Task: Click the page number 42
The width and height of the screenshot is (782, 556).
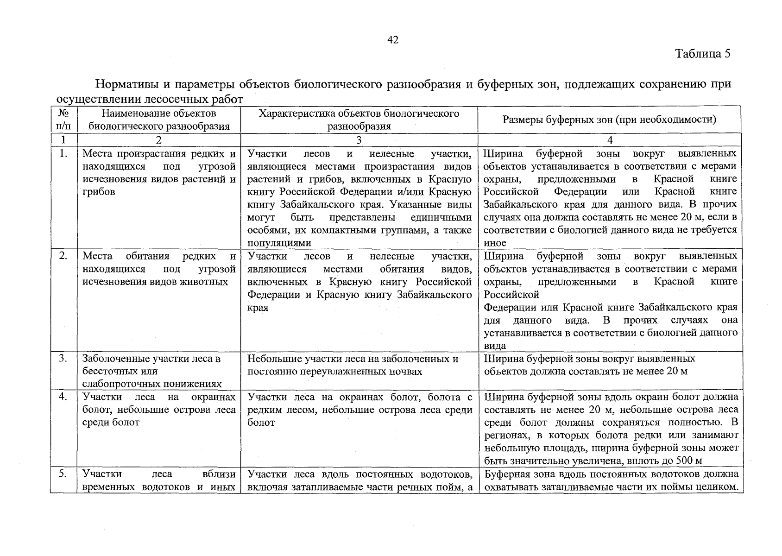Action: (x=392, y=40)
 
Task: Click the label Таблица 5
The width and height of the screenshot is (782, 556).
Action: (x=703, y=54)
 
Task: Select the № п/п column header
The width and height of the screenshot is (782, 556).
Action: (x=63, y=120)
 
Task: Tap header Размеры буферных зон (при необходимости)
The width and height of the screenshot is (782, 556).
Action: (x=609, y=120)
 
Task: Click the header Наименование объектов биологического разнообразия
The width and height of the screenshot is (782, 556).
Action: (x=159, y=120)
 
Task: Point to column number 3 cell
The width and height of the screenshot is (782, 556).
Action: (x=359, y=140)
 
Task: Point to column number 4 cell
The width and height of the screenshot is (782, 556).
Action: (x=610, y=140)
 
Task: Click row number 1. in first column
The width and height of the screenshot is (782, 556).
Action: (x=63, y=154)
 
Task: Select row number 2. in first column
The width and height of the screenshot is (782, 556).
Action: (x=63, y=256)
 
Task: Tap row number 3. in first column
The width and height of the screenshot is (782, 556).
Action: (x=63, y=359)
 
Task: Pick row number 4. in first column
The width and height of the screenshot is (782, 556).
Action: (x=63, y=397)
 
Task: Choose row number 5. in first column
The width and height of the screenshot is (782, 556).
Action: (x=63, y=474)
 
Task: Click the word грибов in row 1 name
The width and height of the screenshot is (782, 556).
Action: (x=98, y=192)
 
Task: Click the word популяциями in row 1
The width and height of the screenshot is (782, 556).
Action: (x=279, y=243)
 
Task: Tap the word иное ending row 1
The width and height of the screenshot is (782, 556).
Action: (x=495, y=243)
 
